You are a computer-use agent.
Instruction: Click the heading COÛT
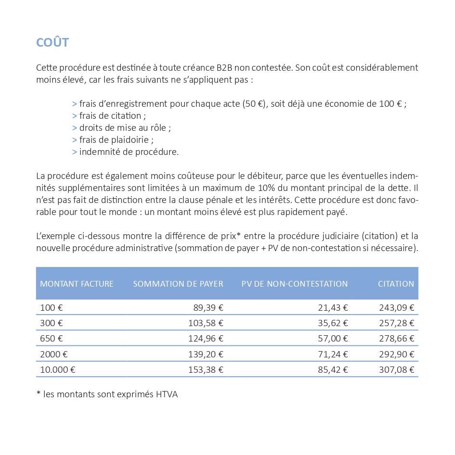[x=52, y=42]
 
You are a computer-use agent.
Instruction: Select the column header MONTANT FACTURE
[x=76, y=284]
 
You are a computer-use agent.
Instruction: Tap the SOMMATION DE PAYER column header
[x=178, y=284]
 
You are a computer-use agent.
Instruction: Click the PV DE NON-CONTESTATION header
[x=294, y=284]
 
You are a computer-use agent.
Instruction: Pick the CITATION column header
[x=395, y=284]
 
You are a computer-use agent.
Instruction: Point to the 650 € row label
[x=51, y=339]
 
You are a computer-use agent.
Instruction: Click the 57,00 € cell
[x=333, y=339]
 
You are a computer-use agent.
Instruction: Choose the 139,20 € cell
[x=205, y=354]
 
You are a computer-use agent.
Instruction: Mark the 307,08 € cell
[x=396, y=370]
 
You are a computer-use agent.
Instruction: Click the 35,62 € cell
[x=333, y=323]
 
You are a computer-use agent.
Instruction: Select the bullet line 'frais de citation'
[x=110, y=116]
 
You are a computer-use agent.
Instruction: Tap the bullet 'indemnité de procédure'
[x=126, y=152]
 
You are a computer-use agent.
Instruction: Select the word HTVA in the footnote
[x=167, y=395]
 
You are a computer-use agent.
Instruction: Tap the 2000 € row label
[x=53, y=354]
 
